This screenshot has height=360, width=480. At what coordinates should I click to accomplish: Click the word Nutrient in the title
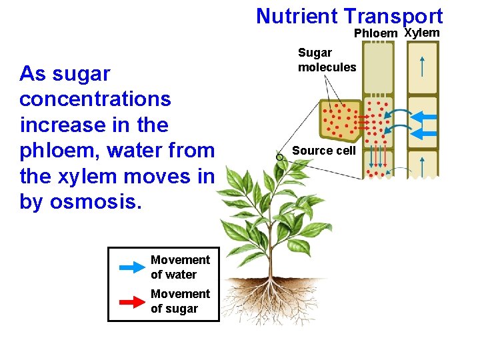pyautogui.click(x=297, y=16)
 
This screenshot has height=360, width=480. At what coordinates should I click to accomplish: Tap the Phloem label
pyautogui.click(x=375, y=33)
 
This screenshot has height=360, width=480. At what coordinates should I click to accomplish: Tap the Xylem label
pyautogui.click(x=422, y=33)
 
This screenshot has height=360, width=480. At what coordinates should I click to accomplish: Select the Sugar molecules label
pyautogui.click(x=327, y=60)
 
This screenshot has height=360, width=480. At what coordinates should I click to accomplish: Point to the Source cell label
pyautogui.click(x=324, y=151)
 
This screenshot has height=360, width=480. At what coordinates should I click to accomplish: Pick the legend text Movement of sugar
pyautogui.click(x=180, y=301)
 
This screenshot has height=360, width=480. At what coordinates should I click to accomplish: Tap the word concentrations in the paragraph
pyautogui.click(x=95, y=99)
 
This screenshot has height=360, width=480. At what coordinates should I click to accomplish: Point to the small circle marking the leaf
pyautogui.click(x=280, y=156)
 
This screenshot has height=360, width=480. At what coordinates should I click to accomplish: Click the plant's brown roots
pyautogui.click(x=267, y=293)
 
